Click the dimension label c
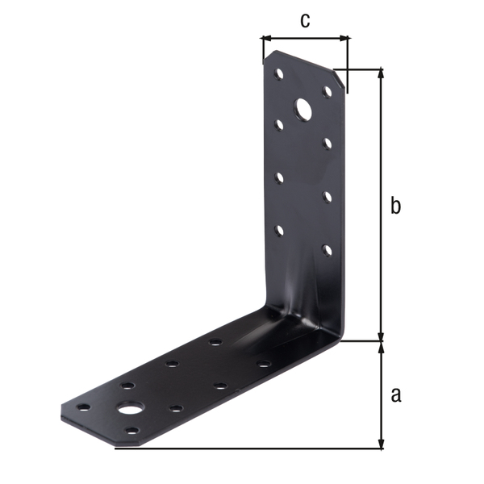point(305,20)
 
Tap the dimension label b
point(395,207)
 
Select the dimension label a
point(395,394)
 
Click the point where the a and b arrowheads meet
point(382,340)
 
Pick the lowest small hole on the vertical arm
point(328,248)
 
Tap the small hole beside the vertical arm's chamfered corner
point(328,91)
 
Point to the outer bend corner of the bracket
point(342,339)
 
